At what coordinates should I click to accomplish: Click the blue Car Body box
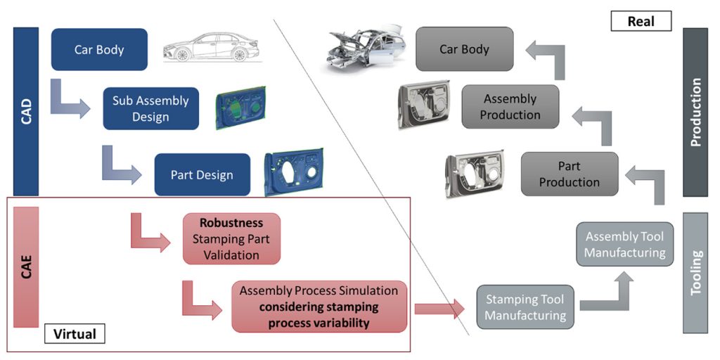[99, 50]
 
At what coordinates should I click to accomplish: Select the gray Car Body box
[464, 49]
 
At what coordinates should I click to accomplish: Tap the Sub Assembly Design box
[150, 109]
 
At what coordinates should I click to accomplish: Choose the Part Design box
[202, 174]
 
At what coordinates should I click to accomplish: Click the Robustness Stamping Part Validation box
[231, 239]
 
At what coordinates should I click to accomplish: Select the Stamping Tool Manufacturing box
[525, 307]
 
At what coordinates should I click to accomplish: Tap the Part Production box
[569, 174]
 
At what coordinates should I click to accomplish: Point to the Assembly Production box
[510, 107]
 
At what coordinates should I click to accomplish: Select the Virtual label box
[75, 333]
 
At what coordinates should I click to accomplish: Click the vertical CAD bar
[26, 111]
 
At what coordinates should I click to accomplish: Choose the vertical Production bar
[695, 112]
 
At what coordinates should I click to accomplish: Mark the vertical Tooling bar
[695, 272]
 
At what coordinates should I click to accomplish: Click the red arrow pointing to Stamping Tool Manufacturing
[440, 308]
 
